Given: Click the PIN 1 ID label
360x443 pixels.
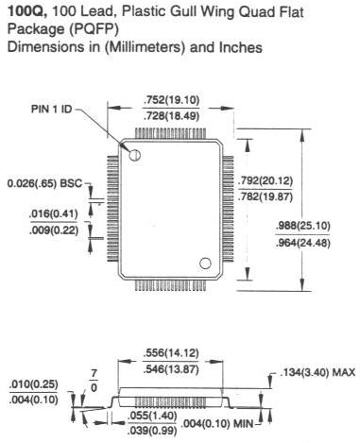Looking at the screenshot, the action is click(x=51, y=109).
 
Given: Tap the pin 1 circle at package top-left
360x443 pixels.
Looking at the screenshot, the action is click(x=135, y=155).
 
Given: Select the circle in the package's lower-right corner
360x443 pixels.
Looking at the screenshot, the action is click(x=205, y=264).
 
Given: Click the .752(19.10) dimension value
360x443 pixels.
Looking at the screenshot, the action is click(x=171, y=100).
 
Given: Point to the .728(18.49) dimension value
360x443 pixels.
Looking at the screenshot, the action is click(x=171, y=116).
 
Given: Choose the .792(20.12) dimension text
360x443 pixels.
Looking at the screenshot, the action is click(x=266, y=180).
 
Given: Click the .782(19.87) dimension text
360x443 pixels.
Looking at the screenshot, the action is click(x=266, y=196).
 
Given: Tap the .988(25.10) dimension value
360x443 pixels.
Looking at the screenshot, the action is click(x=302, y=226).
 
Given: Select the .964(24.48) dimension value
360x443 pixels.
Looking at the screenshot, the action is click(x=302, y=243).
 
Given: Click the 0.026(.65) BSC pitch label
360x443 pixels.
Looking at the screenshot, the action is click(x=44, y=183).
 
